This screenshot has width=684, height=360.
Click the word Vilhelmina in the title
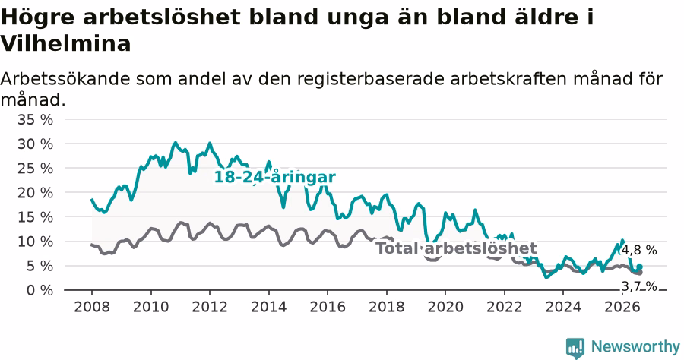point(65,43)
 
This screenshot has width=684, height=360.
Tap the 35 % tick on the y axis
point(35,119)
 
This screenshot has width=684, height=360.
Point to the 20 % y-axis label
point(35,193)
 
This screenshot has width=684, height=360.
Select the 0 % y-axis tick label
point(40,290)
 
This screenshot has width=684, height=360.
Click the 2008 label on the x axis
point(92,307)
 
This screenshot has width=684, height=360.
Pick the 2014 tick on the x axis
point(269,307)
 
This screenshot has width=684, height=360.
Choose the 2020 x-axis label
point(445,307)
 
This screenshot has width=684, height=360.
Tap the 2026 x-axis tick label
point(622,307)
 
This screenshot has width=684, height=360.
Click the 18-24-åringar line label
point(275,178)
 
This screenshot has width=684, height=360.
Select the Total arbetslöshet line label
point(456,248)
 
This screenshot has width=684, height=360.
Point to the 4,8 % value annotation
point(639,250)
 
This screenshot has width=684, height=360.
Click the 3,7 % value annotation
point(639,286)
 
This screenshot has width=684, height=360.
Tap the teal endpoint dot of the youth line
point(639,267)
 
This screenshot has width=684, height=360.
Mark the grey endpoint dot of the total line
point(639,273)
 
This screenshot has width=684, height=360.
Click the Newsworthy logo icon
point(575,349)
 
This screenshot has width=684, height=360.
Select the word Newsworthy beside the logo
point(635,347)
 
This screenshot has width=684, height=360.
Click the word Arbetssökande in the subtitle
point(65,79)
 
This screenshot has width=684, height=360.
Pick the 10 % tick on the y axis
point(35,242)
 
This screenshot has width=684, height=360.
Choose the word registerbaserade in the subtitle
point(371,79)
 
